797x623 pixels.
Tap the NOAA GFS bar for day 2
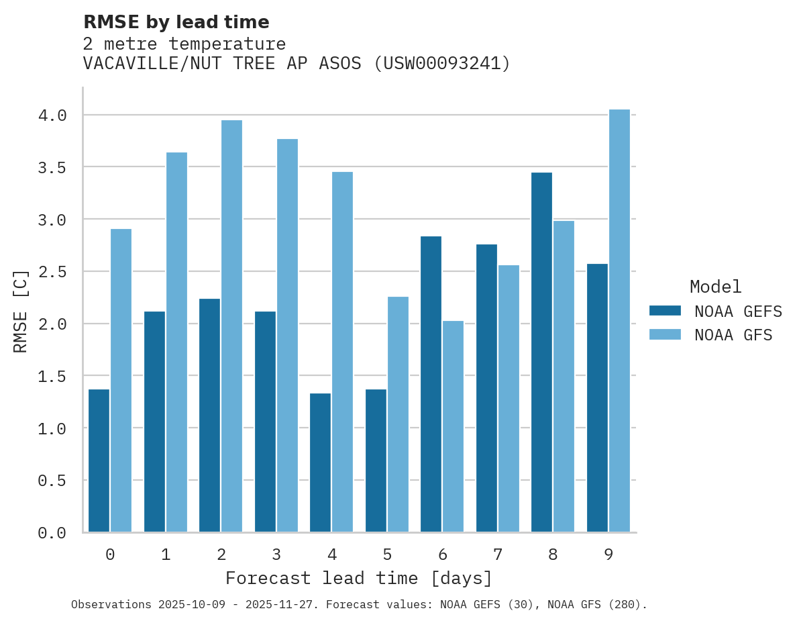231,326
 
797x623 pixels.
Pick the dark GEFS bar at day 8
542,352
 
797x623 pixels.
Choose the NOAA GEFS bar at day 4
321,463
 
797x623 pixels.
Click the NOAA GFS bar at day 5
398,414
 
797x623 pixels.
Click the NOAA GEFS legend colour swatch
665,311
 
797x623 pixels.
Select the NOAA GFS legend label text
733,335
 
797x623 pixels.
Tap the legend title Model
715,287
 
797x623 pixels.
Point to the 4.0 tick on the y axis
52,115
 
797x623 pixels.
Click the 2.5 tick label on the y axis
52,272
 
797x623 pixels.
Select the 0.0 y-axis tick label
52,533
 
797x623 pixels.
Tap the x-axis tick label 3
276,555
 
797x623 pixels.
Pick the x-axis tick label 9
608,555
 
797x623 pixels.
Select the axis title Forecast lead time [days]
359,578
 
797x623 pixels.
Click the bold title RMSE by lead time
176,22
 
